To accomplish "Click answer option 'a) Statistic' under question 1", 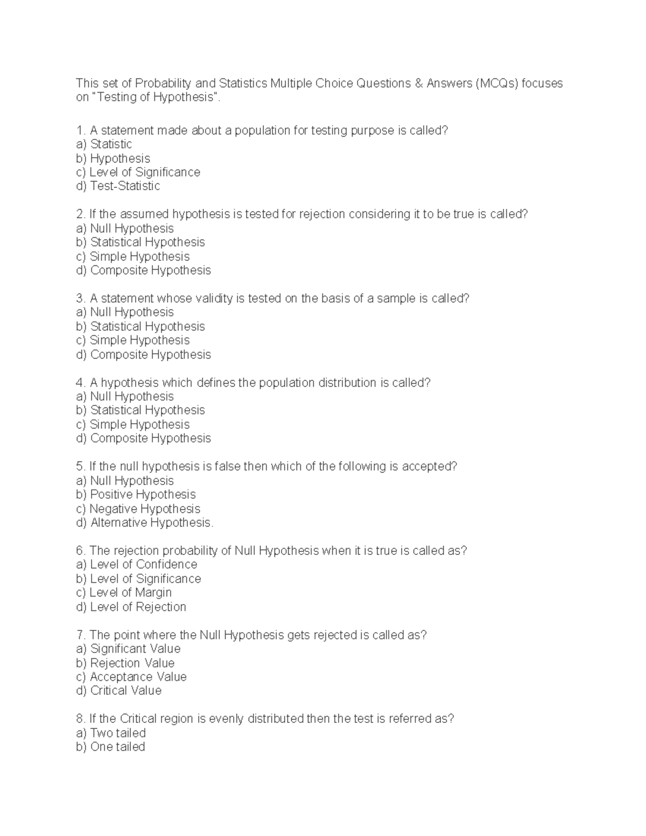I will point(104,144).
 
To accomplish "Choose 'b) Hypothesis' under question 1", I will point(113,158).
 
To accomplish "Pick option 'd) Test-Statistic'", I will point(118,186).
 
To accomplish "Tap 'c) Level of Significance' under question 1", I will point(138,172).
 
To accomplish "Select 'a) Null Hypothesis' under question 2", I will point(125,228).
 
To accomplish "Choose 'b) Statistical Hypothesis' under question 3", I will point(141,327).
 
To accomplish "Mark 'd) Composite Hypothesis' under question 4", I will point(143,438).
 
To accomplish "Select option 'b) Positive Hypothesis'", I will point(136,495).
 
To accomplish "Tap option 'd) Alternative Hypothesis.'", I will point(145,523).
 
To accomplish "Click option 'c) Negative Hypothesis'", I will point(138,509).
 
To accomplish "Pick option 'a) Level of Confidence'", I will point(137,565).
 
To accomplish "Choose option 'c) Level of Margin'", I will point(124,593).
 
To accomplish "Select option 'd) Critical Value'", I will point(118,691).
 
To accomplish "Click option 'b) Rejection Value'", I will point(125,663).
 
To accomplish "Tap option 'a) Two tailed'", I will point(111,733).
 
